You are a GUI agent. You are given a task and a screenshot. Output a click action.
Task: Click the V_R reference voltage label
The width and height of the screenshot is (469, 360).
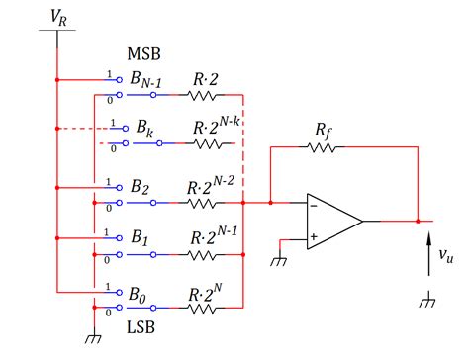click(58, 17)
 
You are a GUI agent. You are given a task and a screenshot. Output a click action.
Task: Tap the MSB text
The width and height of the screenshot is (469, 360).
click(143, 54)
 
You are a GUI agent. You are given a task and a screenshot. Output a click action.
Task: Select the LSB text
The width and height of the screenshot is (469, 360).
click(141, 327)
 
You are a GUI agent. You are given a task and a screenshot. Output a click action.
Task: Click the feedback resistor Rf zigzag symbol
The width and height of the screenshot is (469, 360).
click(323, 147)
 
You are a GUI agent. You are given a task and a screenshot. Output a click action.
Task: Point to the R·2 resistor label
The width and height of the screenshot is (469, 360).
click(206, 79)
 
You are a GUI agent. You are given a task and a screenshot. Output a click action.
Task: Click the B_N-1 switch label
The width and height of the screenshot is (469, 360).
click(145, 80)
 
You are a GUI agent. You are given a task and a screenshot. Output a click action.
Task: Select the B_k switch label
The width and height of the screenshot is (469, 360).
click(144, 129)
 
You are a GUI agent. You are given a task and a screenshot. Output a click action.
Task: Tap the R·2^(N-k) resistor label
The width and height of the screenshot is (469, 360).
click(216, 127)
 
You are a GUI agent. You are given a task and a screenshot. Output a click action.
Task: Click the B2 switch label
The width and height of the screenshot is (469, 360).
click(140, 187)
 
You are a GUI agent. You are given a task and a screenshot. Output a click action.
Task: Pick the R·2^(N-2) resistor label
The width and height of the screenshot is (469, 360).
click(211, 186)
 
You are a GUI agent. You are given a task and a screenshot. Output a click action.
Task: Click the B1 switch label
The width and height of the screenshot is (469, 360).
click(140, 237)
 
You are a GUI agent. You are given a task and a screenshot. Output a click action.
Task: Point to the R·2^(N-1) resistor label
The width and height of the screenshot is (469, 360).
click(214, 235)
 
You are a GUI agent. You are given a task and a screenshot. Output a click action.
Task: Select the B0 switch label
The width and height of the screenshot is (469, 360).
click(138, 295)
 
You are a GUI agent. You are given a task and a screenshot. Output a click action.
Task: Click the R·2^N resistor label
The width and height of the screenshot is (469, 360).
click(205, 293)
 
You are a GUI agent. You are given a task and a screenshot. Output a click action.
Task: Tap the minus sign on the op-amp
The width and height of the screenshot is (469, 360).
click(314, 206)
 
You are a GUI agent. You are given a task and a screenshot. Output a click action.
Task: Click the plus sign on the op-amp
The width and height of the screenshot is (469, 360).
click(314, 236)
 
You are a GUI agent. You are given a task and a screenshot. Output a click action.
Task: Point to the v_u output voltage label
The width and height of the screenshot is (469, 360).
click(446, 255)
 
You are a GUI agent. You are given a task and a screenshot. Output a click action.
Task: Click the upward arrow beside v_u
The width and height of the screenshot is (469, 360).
click(428, 254)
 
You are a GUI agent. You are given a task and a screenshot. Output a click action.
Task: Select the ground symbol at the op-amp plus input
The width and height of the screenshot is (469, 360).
click(279, 261)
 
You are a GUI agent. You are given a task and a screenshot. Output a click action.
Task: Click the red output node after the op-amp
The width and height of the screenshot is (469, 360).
click(418, 222)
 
